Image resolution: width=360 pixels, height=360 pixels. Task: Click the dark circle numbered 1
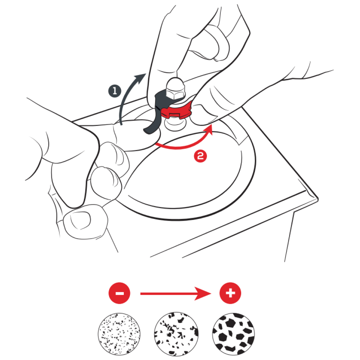115,91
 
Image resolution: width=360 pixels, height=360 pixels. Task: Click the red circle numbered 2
201,156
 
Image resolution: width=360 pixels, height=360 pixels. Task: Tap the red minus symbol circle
120,293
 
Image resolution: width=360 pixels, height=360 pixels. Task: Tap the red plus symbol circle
230,293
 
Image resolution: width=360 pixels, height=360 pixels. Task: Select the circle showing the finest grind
119,334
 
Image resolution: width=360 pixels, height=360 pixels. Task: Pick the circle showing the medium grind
176,334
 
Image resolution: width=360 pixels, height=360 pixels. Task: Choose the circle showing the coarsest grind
234,334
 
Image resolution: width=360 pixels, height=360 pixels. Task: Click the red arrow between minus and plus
176,293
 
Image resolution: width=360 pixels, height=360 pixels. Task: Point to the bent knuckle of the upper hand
217,42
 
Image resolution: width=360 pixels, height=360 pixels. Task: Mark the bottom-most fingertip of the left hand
85,221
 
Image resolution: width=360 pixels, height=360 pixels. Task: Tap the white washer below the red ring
175,124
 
